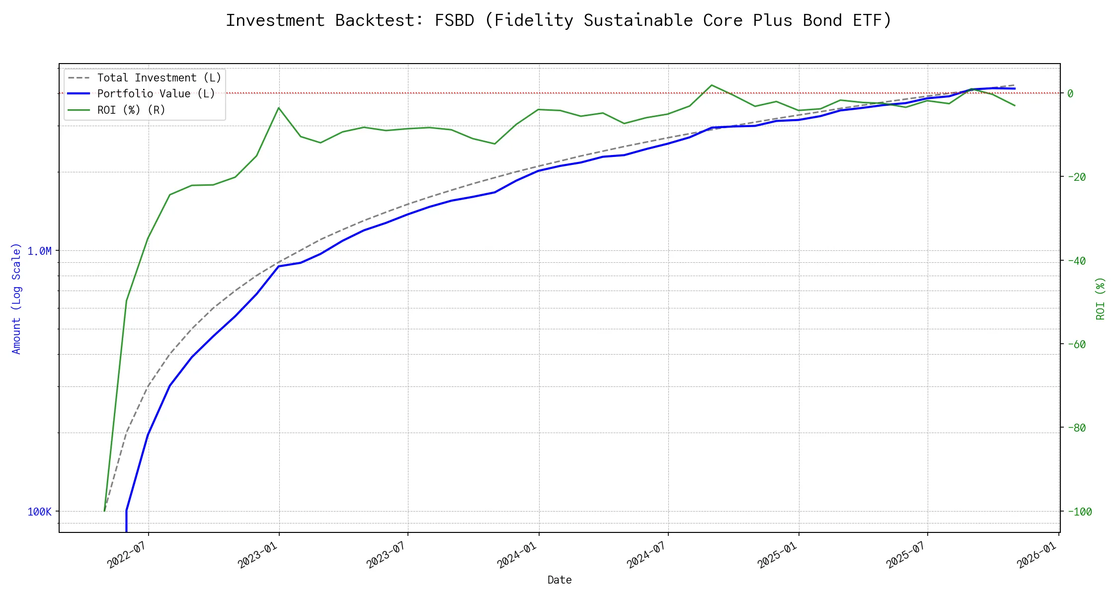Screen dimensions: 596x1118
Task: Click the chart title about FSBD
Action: coord(559,20)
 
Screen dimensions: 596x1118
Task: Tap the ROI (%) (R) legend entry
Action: coord(131,110)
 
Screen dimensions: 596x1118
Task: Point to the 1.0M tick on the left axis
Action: coord(40,251)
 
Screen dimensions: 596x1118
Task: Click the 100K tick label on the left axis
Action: coord(40,512)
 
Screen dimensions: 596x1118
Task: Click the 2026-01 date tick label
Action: coord(1036,555)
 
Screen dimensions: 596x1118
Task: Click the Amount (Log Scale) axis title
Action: coord(16,298)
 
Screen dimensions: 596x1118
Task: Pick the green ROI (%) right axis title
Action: coord(1100,298)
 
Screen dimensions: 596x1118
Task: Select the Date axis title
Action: coord(559,580)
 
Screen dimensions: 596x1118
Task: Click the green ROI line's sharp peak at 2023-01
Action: coord(279,108)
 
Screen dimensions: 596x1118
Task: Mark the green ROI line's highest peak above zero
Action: coord(712,85)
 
